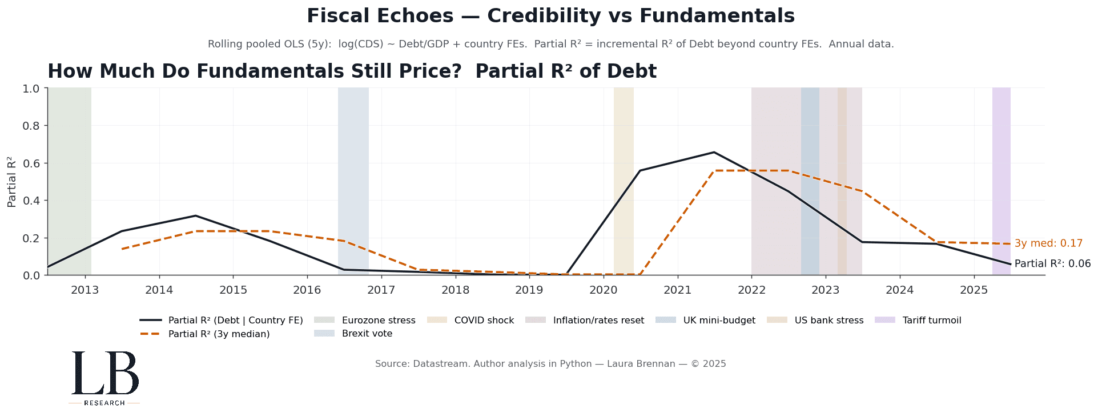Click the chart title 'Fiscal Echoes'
[x=550, y=16]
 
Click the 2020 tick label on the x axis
[x=603, y=290]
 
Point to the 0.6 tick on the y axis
[x=31, y=163]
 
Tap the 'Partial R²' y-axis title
[x=12, y=181]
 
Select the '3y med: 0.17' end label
[x=1048, y=243]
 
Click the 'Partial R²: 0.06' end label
[x=1052, y=264]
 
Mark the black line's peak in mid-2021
[x=714, y=152]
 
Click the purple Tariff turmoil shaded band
[x=1001, y=171]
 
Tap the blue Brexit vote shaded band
[x=353, y=171]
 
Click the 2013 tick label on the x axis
[x=85, y=290]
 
